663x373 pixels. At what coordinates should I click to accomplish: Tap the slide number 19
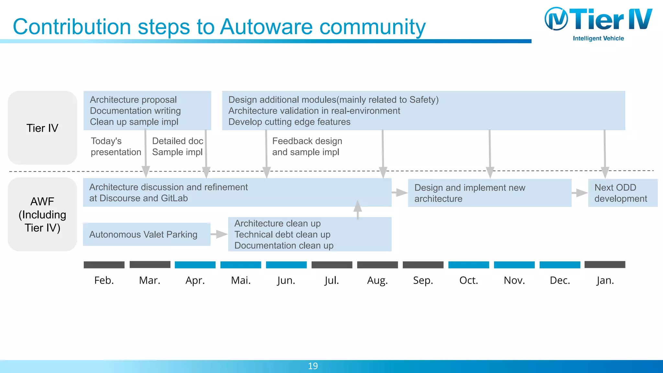tap(313, 366)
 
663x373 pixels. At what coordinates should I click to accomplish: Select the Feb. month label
tap(104, 280)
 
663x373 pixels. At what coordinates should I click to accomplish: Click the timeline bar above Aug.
tap(377, 265)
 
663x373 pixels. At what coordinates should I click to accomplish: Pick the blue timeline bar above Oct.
tap(468, 265)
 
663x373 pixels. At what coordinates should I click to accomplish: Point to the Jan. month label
tap(605, 280)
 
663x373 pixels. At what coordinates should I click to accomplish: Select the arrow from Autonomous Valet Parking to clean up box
tap(219, 234)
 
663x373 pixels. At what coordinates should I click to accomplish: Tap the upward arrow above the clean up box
tap(357, 209)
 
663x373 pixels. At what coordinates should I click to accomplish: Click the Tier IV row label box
tap(42, 128)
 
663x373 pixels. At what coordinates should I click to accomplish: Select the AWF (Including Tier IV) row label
tap(42, 214)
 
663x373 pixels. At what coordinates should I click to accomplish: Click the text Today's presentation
tap(116, 146)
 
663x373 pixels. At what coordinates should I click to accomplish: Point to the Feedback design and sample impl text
tap(307, 146)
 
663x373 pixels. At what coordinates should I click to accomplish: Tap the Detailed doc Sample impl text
tap(177, 146)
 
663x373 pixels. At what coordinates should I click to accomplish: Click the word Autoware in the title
tap(266, 27)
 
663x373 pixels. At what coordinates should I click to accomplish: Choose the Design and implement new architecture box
tap(489, 193)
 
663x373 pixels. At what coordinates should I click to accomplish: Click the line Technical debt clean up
tap(282, 234)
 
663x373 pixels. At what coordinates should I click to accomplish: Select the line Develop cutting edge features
tap(289, 122)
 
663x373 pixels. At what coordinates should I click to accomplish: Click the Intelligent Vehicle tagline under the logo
tap(598, 38)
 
